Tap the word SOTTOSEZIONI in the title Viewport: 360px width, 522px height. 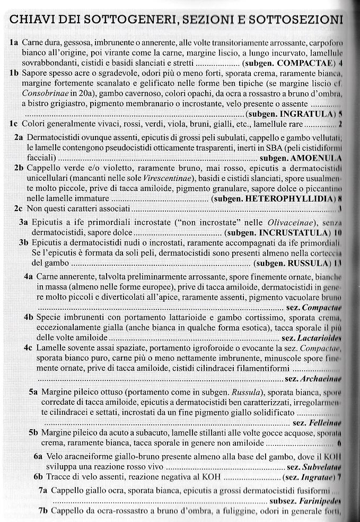(x=294, y=20)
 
